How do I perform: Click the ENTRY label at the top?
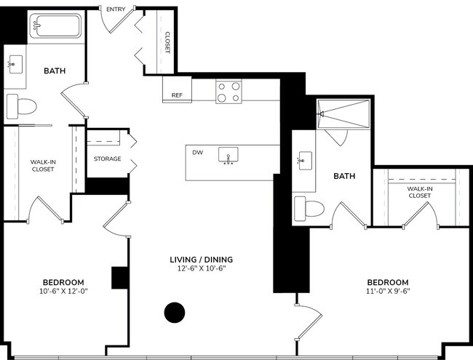[x=116, y=9]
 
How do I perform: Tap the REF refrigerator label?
[x=177, y=95]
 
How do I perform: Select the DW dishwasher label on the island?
[x=197, y=153]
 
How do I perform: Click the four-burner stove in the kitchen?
[x=228, y=92]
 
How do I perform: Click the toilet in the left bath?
[x=21, y=106]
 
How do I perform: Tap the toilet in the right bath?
[x=308, y=209]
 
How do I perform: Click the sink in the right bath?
[x=304, y=161]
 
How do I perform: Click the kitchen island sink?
[x=231, y=156]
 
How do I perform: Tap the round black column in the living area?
[x=175, y=312]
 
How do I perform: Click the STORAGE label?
[x=107, y=159]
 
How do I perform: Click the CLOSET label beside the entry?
[x=167, y=42]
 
